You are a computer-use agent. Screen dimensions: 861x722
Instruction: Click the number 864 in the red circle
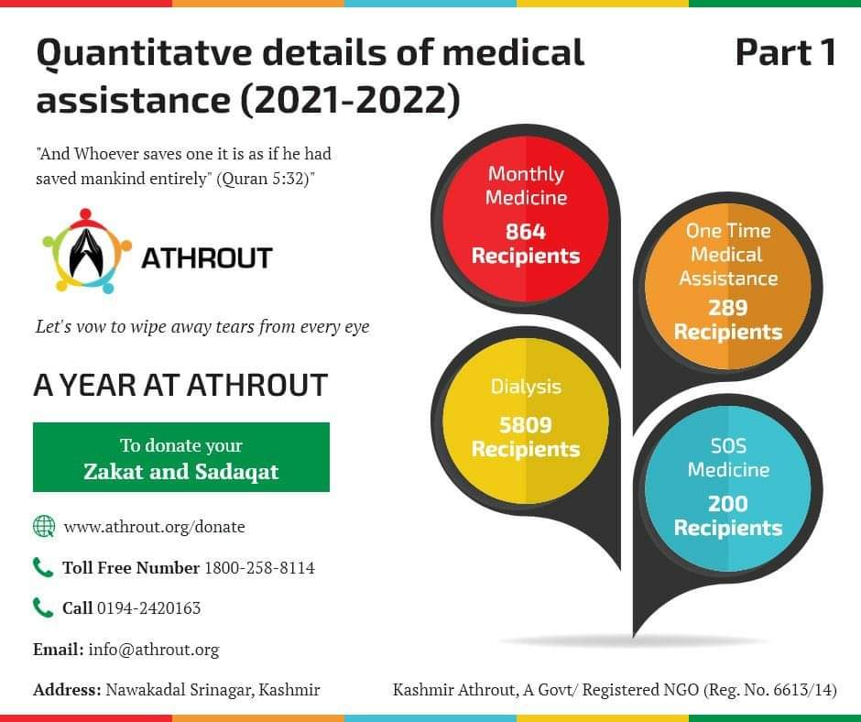(526, 231)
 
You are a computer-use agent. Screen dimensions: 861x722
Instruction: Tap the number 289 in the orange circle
(727, 308)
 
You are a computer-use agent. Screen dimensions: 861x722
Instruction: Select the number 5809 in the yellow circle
(526, 425)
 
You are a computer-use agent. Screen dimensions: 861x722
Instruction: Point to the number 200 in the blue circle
(727, 503)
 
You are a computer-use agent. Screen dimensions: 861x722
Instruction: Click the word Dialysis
(526, 388)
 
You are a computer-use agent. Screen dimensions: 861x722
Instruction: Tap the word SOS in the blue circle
(728, 445)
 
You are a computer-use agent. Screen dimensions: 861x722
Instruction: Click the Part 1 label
(785, 53)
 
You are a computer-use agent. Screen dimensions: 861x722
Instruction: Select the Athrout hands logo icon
(86, 251)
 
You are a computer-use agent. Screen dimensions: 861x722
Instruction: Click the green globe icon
(44, 526)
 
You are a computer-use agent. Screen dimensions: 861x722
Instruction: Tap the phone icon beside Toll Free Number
(43, 567)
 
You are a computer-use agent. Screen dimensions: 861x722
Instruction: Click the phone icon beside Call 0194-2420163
(43, 607)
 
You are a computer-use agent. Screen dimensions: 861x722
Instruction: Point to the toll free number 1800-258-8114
(260, 567)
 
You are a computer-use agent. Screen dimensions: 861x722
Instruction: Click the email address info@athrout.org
(154, 650)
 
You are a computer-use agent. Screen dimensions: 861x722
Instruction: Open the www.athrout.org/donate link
(154, 527)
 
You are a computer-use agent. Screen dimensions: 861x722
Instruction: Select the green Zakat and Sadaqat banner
(181, 457)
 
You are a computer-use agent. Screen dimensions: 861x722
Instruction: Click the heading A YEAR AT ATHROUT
(180, 385)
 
